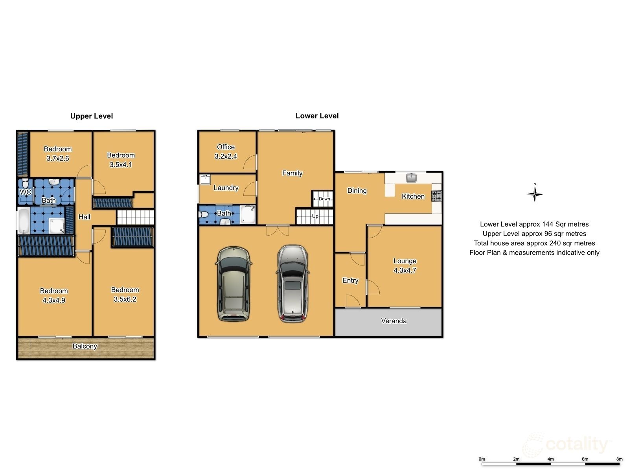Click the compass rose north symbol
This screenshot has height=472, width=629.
point(535,194)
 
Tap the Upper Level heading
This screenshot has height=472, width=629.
point(92,116)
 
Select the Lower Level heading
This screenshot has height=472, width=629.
point(317,116)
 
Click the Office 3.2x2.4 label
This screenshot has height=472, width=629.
point(226,151)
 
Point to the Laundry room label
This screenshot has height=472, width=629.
point(226,188)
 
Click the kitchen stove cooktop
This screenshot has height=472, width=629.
point(436,195)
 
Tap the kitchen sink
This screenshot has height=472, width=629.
point(412,177)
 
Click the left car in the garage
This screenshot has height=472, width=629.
point(234,284)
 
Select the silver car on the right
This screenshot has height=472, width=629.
point(292,284)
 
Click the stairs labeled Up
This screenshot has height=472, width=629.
point(314,216)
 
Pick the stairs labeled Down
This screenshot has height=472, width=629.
point(324,199)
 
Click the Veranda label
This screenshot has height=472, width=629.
point(394,321)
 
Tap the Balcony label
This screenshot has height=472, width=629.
point(85,346)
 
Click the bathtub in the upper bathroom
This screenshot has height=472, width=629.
point(23,221)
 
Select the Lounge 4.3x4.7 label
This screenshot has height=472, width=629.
point(405,265)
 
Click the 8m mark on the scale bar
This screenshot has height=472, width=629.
point(620,459)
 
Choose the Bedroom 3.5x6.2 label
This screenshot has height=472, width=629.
point(125,294)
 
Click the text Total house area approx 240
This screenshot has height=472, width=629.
point(534,243)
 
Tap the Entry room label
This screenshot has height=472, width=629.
point(350,280)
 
